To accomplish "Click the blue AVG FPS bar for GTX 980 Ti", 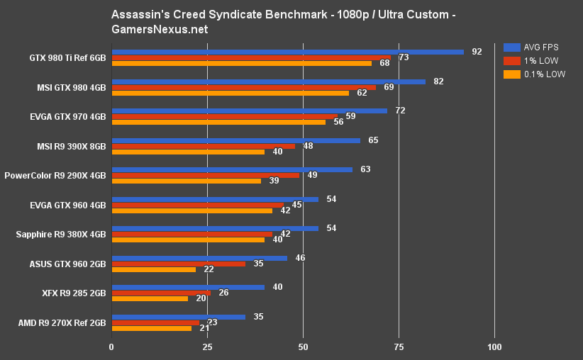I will click(x=287, y=52).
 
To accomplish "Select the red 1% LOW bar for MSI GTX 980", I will click(x=243, y=87).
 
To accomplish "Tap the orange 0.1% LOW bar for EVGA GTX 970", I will click(x=218, y=122).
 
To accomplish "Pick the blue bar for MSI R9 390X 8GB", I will click(x=235, y=140).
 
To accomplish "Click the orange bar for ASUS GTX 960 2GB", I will click(x=153, y=269).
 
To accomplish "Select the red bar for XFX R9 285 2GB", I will click(x=161, y=293).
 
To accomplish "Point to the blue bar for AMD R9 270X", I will click(x=178, y=317).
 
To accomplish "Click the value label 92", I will click(x=477, y=52).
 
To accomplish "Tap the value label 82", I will click(x=438, y=81).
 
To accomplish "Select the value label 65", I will click(x=373, y=140).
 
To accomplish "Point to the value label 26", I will click(x=223, y=293).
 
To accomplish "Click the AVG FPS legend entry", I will click(x=533, y=47).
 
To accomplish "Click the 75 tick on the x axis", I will click(x=399, y=347).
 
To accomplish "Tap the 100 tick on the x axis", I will click(x=494, y=347).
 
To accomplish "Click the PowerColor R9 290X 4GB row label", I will click(x=55, y=176).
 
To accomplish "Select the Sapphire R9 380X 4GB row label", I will click(x=60, y=235).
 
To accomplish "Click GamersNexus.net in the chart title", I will click(x=160, y=30).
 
